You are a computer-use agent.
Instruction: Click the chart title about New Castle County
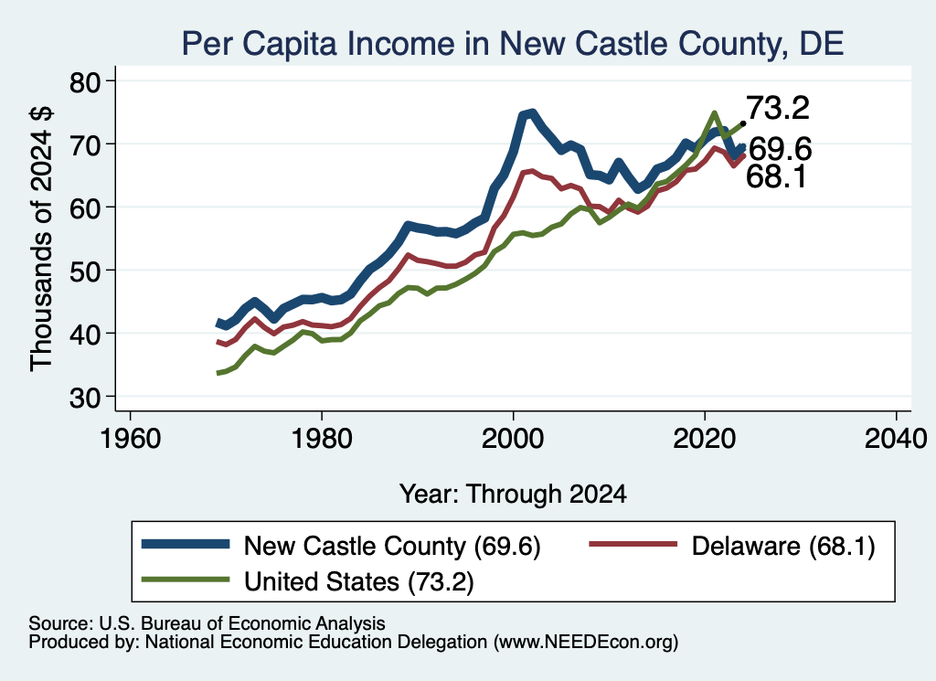(x=512, y=44)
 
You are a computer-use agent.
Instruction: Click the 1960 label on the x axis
(x=130, y=439)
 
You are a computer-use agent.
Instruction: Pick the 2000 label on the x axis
(x=513, y=439)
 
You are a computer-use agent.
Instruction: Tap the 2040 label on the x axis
(x=896, y=439)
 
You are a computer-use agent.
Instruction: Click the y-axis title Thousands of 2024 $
(x=42, y=239)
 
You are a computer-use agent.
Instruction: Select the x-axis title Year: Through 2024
(x=513, y=495)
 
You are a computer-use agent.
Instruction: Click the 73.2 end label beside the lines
(x=778, y=108)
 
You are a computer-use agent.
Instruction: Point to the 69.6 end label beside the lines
(x=781, y=149)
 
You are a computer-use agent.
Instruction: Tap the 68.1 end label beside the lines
(x=777, y=176)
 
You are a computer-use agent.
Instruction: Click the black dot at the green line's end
(x=743, y=123)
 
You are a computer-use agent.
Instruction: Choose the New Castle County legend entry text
(x=392, y=546)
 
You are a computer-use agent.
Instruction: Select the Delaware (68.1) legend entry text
(x=783, y=546)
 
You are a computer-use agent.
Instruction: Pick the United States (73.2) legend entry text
(x=358, y=581)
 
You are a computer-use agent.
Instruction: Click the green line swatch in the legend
(x=186, y=580)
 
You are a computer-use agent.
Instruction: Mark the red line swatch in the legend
(x=633, y=544)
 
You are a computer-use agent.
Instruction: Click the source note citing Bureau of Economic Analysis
(x=207, y=623)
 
